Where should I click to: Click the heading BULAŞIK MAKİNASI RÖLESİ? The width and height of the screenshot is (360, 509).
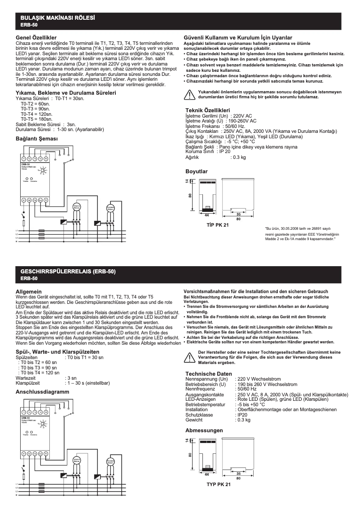(57, 18)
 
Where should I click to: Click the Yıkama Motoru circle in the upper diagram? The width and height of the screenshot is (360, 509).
(76, 206)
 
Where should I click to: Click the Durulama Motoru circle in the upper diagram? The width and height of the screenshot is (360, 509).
(110, 208)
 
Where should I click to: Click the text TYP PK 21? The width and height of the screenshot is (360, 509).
(219, 485)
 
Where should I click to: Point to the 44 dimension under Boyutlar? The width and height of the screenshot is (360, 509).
(207, 215)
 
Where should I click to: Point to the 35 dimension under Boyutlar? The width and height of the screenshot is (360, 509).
(238, 215)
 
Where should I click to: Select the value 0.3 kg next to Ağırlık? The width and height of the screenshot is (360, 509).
(238, 157)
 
